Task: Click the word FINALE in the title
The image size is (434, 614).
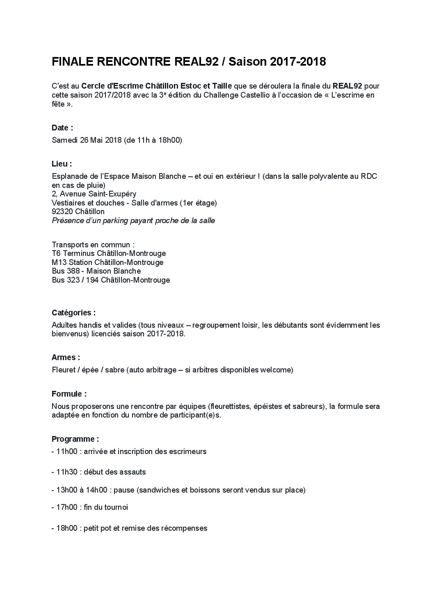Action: point(72,62)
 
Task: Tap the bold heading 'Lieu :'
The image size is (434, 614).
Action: point(62,164)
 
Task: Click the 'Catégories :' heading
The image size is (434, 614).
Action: point(73,313)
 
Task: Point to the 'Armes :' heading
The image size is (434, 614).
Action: point(66,357)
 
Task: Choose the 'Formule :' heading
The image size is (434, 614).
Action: point(69,394)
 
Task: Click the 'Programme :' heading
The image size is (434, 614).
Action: point(75,439)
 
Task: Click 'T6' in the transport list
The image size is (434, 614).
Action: point(56,253)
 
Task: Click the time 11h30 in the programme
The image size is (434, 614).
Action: point(68,472)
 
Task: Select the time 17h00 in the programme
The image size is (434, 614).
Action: point(68,507)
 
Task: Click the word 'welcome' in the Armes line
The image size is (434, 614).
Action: point(279,370)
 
